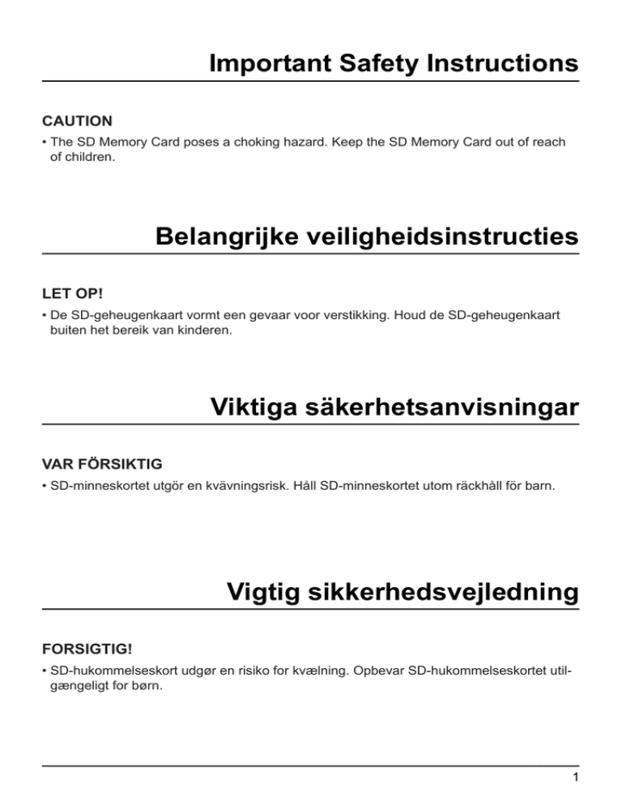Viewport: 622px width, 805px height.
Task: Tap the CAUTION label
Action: pos(77,121)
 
